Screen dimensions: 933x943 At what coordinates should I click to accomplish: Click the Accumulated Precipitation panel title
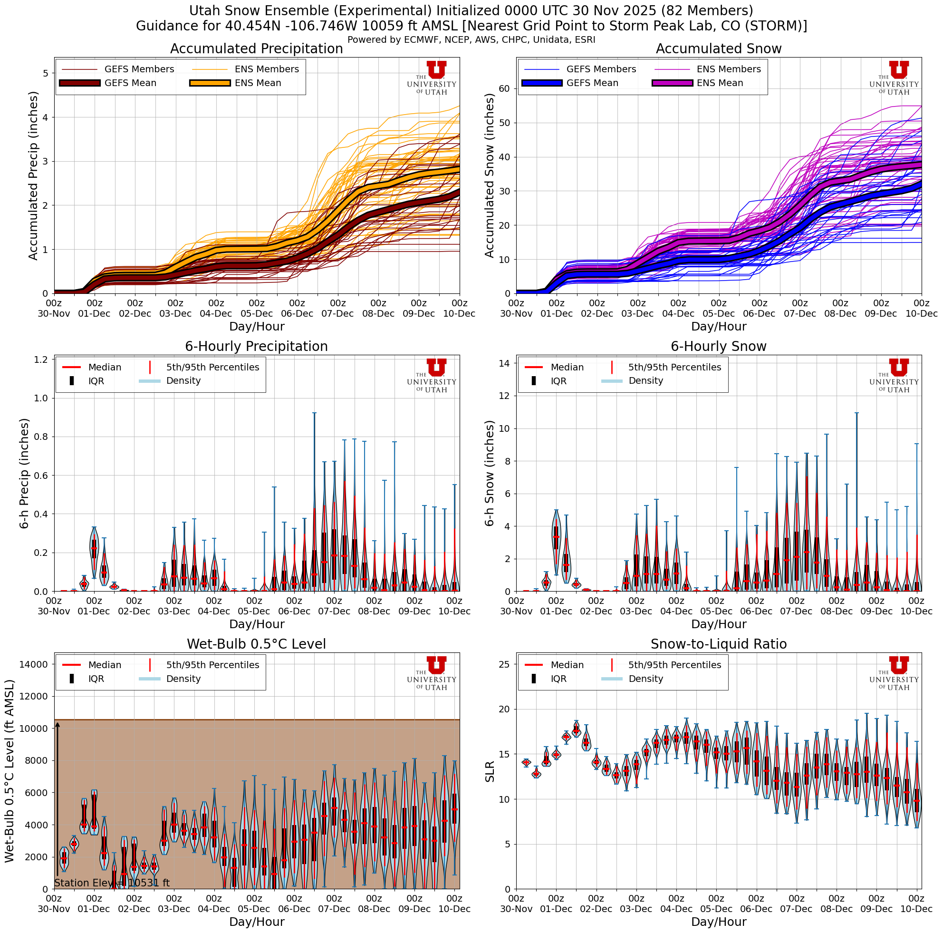[256, 49]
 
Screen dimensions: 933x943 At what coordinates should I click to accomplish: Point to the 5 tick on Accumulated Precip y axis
[46, 73]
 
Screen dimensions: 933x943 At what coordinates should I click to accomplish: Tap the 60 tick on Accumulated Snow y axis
[504, 89]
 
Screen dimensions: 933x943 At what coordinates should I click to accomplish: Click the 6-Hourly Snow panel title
[718, 347]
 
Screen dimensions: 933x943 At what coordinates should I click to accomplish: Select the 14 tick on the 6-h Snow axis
[504, 363]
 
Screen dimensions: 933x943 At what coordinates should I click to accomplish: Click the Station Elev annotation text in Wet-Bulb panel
[112, 883]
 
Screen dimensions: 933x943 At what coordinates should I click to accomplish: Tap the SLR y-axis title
[490, 772]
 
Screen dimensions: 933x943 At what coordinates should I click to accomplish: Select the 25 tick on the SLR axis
[504, 664]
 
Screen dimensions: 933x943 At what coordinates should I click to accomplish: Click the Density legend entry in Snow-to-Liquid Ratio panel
[645, 679]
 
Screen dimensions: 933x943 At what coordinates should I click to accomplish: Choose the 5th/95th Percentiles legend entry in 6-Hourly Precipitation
[212, 367]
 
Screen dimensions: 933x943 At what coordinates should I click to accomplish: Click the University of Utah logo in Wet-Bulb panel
[432, 673]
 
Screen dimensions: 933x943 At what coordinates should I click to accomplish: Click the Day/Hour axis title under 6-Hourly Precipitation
[256, 624]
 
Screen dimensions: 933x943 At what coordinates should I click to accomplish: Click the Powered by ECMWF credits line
[471, 39]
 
